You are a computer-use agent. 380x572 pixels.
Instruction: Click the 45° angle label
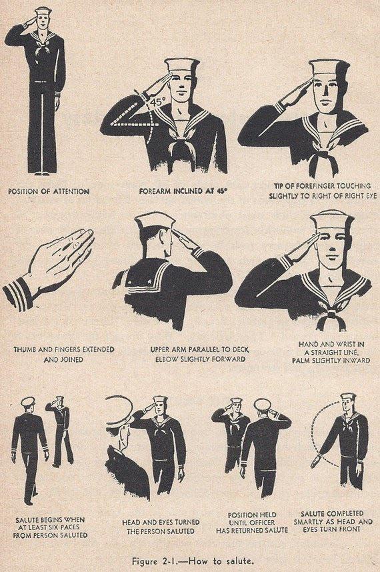157,103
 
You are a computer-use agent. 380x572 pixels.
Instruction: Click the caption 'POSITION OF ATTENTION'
49,191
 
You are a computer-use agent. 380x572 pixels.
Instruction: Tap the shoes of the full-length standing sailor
41,172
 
